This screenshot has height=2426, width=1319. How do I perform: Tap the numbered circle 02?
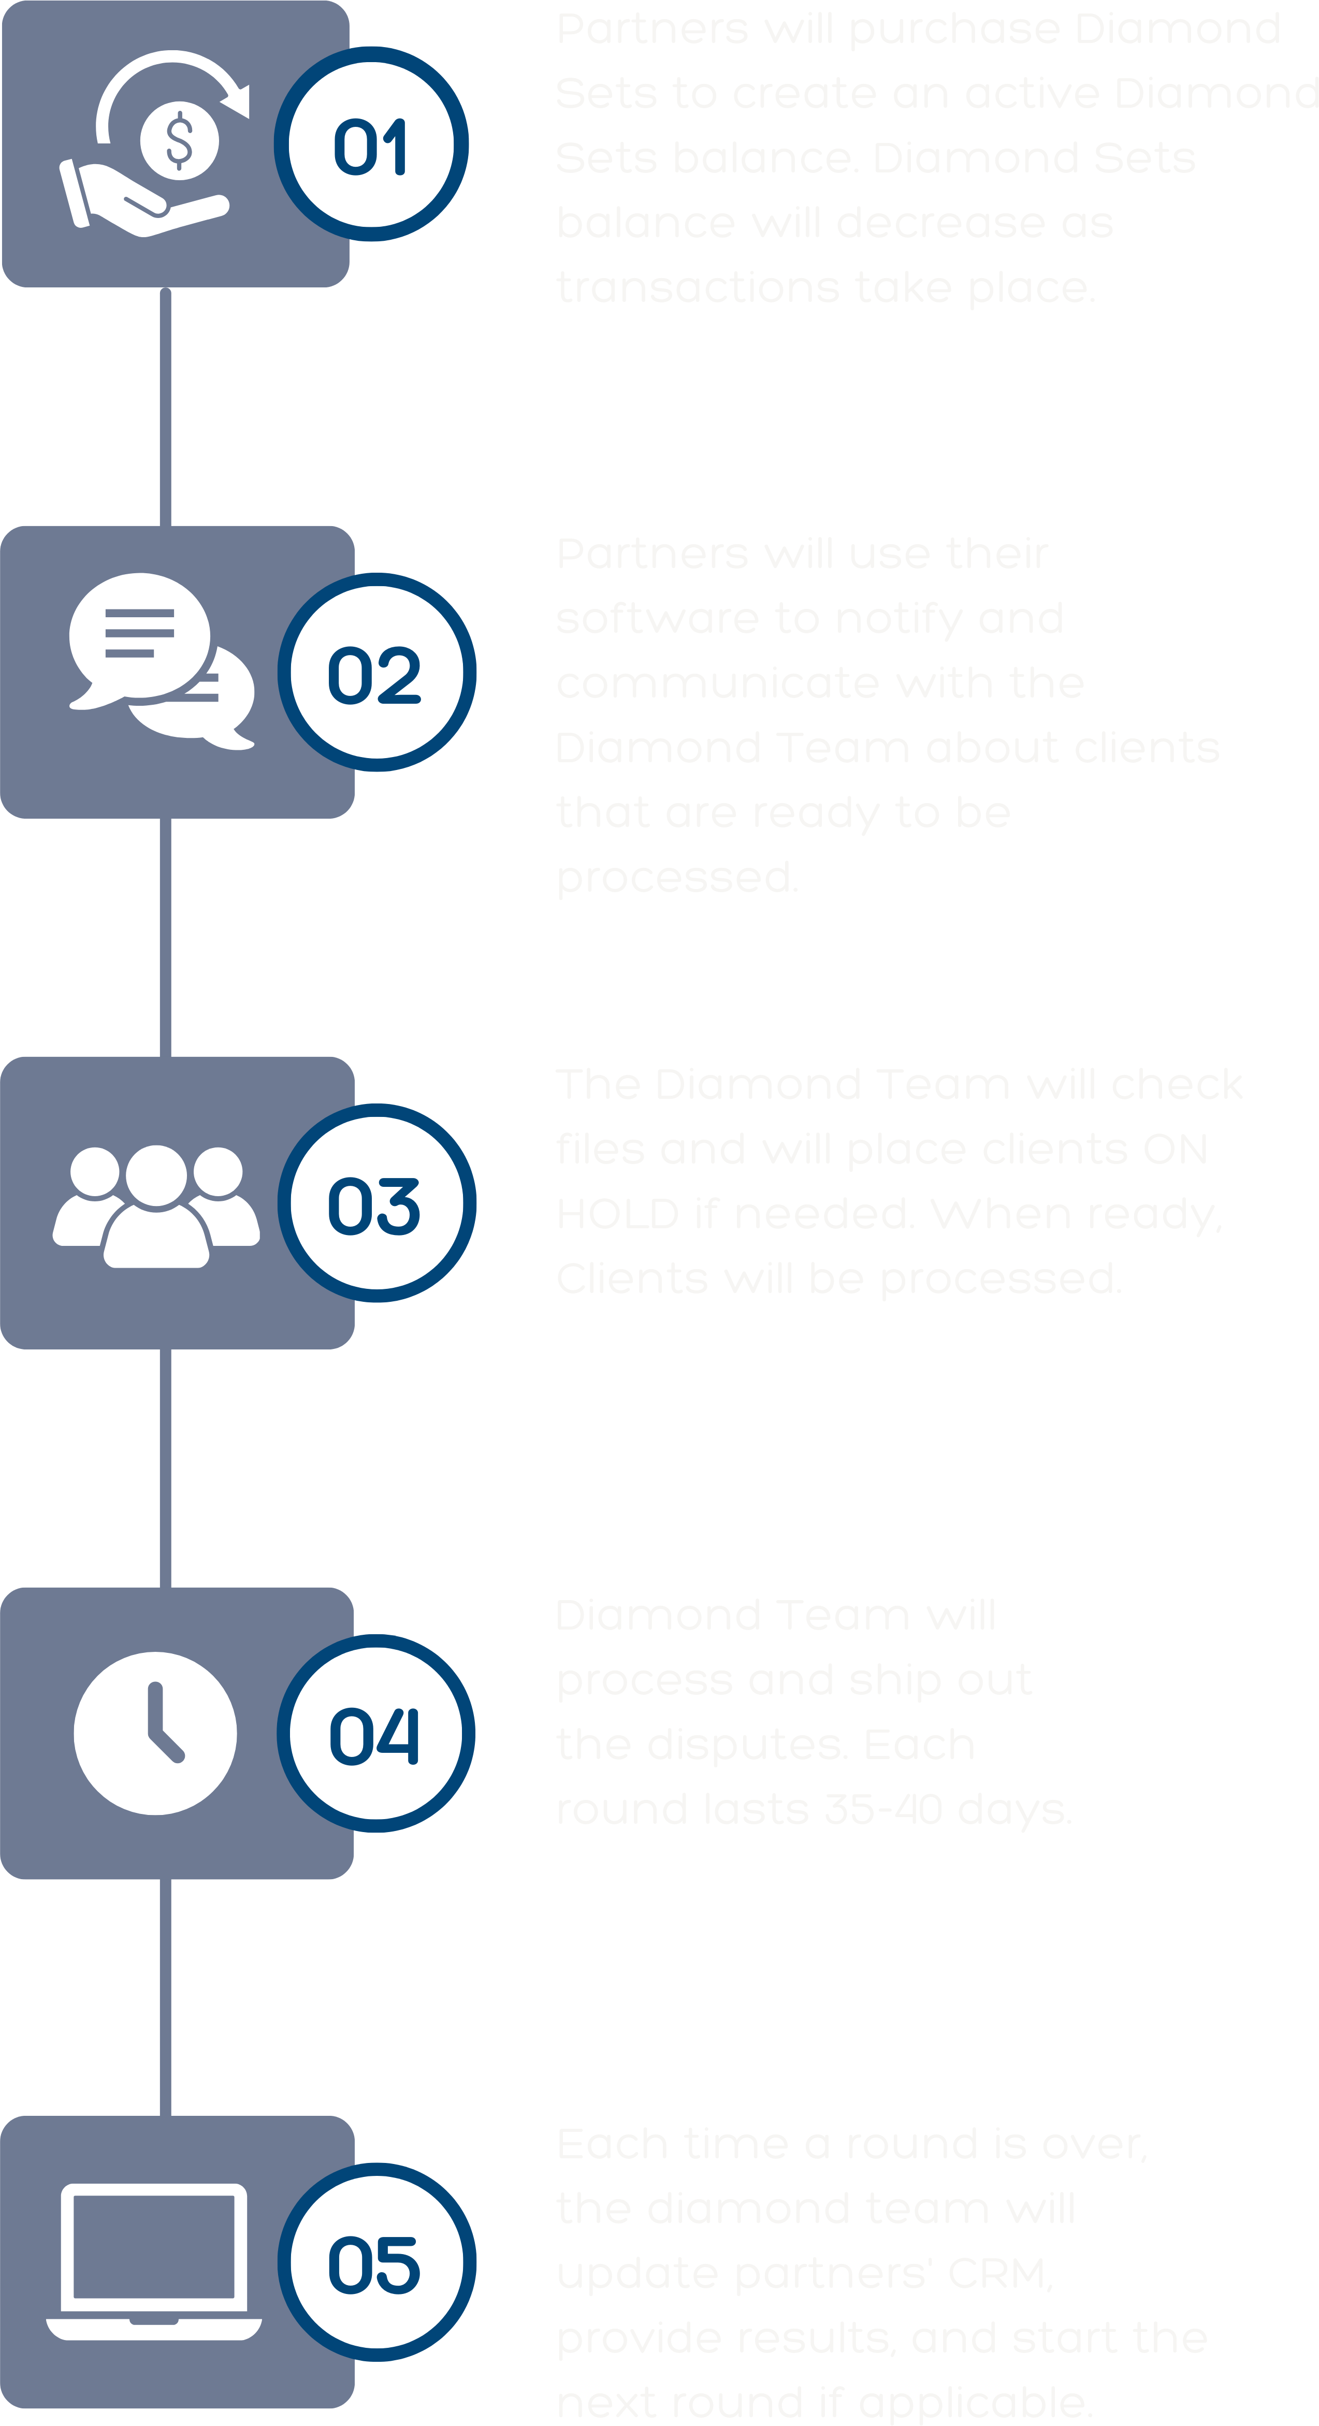376,673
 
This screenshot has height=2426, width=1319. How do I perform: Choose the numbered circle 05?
376,2262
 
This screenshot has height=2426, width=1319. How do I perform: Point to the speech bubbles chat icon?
160,659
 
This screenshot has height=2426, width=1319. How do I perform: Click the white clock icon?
155,1733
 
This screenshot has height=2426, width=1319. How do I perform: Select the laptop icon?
154,2260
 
